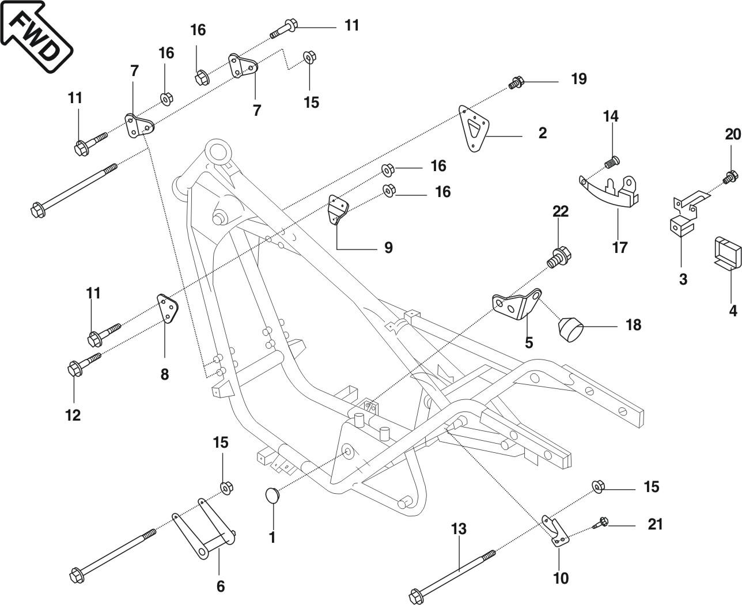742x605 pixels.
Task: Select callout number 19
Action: (578, 79)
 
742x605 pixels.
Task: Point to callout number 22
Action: (560, 211)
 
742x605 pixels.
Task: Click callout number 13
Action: (459, 529)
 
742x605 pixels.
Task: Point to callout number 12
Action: (73, 415)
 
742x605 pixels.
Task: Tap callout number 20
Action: (732, 134)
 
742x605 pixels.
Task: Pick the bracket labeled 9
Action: (338, 213)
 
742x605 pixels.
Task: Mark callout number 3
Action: (683, 279)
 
